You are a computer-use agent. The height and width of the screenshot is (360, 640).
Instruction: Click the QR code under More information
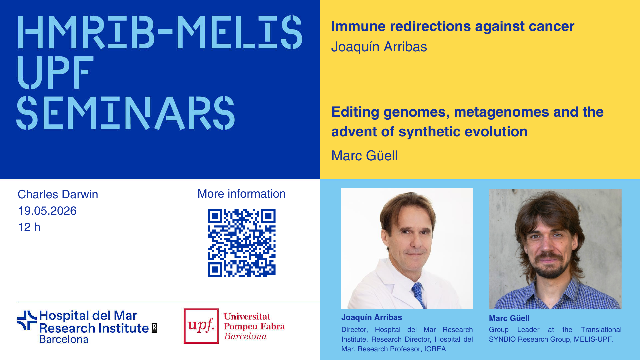click(242, 243)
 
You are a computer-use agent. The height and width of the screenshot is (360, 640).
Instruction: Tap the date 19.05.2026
click(47, 211)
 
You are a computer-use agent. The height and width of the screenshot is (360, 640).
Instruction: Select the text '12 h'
click(29, 227)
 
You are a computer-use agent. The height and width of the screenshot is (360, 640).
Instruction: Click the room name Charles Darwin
click(58, 194)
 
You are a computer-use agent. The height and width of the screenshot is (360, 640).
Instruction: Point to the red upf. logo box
click(201, 326)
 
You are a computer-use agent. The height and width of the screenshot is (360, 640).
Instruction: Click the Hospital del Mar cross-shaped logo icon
click(27, 320)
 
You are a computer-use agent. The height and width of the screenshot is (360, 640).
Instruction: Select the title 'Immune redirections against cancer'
click(453, 26)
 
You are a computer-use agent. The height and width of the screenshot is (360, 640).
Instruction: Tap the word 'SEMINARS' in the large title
click(126, 113)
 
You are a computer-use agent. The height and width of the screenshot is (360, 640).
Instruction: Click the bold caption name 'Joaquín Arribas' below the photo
click(372, 317)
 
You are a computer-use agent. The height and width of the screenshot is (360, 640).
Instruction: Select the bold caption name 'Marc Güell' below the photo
click(509, 318)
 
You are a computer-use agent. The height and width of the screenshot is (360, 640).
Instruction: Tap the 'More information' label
click(242, 194)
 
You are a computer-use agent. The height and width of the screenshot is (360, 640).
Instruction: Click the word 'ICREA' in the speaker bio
click(435, 349)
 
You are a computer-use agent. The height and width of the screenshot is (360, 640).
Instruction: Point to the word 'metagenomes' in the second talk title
click(501, 112)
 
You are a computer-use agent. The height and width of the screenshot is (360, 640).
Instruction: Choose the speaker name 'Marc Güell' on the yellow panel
click(364, 156)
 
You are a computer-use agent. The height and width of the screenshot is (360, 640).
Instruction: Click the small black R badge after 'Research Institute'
click(154, 328)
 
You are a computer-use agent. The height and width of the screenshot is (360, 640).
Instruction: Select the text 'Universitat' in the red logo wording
click(247, 316)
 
